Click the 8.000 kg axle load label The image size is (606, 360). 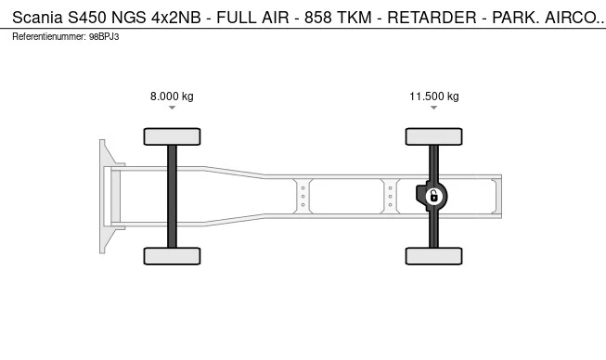(172, 96)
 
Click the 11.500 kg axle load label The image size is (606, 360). (434, 96)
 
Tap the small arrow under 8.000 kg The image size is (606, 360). (172, 108)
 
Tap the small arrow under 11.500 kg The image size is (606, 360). (434, 108)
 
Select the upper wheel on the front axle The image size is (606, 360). (172, 136)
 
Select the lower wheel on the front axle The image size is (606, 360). (172, 256)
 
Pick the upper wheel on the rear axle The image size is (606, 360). (434, 136)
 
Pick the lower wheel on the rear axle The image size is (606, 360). (434, 256)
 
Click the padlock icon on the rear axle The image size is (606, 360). (434, 196)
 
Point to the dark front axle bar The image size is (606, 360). (172, 197)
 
